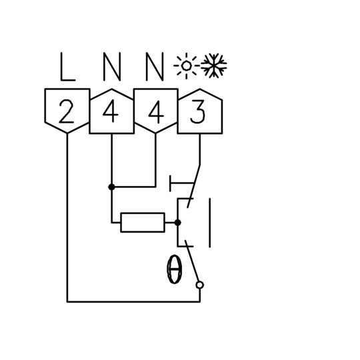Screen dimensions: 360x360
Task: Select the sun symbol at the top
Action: point(186,66)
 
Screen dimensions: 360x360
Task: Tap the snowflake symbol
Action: point(214,65)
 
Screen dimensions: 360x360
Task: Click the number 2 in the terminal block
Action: point(67,111)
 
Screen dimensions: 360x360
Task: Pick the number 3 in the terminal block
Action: point(198,112)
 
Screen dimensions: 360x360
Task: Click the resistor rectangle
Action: point(143,223)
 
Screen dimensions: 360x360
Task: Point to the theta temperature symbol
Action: point(175,269)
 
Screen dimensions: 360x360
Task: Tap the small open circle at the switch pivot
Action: point(200,285)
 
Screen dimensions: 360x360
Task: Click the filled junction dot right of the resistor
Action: point(177,223)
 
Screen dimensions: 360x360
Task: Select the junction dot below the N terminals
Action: point(111,187)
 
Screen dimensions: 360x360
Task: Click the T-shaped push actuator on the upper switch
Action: point(181,183)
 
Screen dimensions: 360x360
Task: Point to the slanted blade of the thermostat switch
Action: point(192,261)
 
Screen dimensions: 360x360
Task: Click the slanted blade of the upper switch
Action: point(194,186)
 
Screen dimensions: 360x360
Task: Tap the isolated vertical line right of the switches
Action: point(209,223)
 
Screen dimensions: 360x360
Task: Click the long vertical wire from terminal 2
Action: point(67,217)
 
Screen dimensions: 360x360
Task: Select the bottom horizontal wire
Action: point(133,302)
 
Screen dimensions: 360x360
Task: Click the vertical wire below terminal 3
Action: point(200,149)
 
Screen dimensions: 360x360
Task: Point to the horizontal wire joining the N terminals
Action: point(133,187)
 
